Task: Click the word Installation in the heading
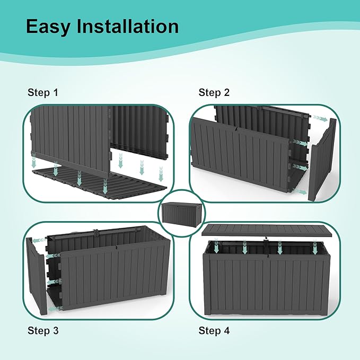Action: (x=128, y=27)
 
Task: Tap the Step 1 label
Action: (x=43, y=93)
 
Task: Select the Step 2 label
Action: (x=214, y=93)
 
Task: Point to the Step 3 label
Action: (x=43, y=331)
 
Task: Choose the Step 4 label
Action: (x=214, y=331)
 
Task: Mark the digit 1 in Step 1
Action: (x=56, y=93)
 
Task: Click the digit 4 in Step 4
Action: (x=227, y=331)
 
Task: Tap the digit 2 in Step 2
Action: (x=227, y=93)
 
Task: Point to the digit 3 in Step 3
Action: (x=56, y=331)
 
